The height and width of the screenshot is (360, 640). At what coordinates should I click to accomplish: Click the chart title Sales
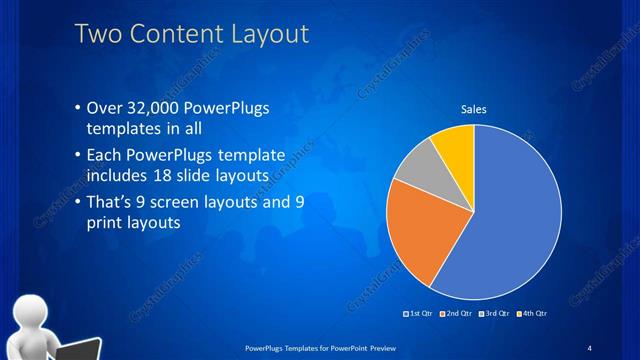tap(473, 109)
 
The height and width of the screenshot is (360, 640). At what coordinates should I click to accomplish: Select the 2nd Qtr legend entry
tap(455, 314)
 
